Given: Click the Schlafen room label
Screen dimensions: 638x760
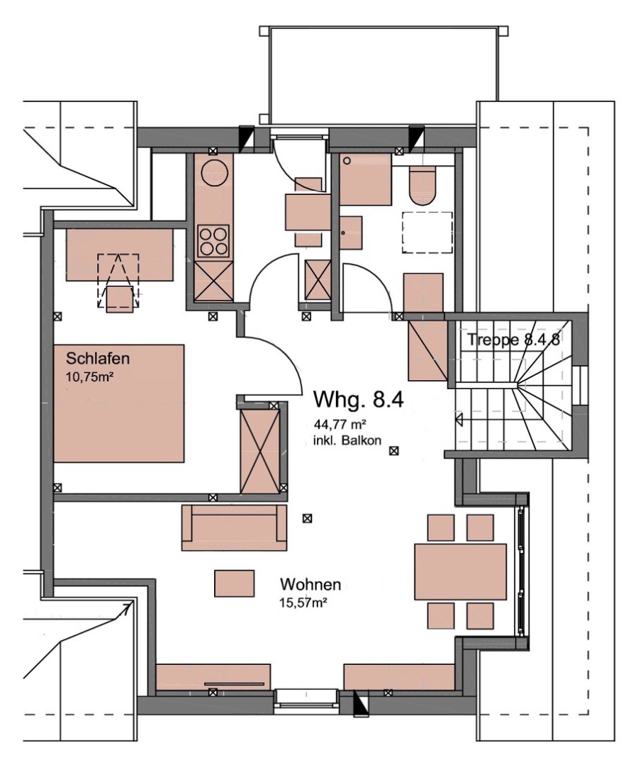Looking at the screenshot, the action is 98,359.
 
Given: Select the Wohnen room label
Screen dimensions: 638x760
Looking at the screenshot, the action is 310,584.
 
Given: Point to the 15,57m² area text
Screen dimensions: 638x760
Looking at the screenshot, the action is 303,603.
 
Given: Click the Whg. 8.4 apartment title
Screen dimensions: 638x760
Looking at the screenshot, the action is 359,399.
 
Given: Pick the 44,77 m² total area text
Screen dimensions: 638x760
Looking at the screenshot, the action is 340,425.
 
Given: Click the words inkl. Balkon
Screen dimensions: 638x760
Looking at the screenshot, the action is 348,440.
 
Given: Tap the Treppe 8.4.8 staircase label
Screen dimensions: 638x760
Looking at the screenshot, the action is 513,340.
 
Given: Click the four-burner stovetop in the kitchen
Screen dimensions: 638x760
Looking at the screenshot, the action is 213,241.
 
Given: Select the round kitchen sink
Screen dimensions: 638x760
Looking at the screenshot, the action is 213,172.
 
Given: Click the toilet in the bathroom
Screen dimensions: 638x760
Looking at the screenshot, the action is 422,186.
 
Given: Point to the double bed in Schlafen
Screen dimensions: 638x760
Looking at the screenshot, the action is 119,403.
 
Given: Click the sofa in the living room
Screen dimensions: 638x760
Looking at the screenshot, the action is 234,527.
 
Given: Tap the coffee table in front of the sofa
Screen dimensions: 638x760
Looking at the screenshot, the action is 235,583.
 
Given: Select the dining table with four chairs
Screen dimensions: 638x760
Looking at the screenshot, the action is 461,571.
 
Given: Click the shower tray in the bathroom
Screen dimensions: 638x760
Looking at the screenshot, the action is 365,179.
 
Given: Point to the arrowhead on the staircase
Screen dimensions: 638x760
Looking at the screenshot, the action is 459,419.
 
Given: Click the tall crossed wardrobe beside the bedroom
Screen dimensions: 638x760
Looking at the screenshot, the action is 260,451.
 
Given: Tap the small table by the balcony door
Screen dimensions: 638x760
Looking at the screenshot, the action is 308,212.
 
